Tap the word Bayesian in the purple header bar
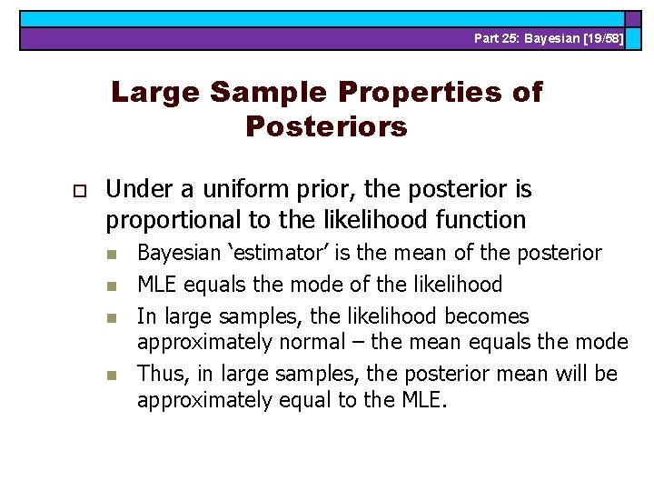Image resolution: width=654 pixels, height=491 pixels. tap(555, 38)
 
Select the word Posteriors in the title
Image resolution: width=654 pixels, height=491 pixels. tap(326, 126)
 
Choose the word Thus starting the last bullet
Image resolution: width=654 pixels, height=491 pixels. tap(160, 374)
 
